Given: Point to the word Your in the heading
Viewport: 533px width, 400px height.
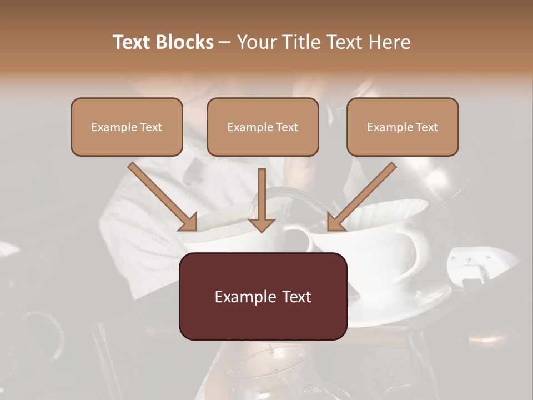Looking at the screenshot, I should [x=255, y=42].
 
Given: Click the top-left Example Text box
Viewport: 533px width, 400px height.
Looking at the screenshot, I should [x=127, y=127].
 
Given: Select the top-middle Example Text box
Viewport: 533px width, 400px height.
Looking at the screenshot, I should [x=263, y=127].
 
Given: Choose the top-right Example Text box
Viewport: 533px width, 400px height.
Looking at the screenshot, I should [x=403, y=127].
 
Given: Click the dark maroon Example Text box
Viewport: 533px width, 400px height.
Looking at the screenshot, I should [x=263, y=296].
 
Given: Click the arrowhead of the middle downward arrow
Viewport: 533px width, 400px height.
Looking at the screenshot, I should [x=262, y=224].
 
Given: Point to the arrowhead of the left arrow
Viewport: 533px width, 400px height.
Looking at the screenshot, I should [x=189, y=222].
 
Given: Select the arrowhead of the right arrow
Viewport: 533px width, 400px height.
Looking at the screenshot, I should [x=335, y=222].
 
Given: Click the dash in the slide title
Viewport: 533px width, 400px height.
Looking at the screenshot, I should [x=225, y=43].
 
